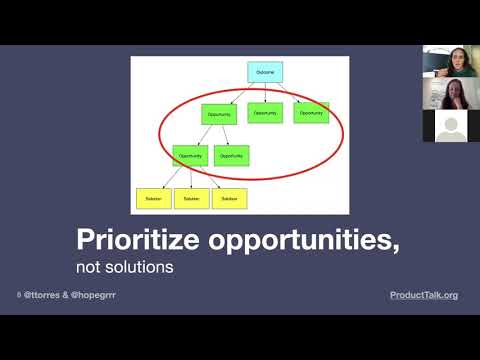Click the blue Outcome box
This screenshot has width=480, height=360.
click(x=265, y=73)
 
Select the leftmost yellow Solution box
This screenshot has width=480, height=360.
click(x=154, y=198)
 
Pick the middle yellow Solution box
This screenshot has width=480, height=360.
click(x=191, y=198)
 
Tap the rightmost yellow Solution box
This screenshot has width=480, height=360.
click(x=229, y=198)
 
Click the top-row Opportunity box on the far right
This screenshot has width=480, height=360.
click(x=311, y=114)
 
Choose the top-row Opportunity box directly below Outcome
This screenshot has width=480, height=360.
click(x=265, y=114)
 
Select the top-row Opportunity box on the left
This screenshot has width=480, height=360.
click(x=219, y=115)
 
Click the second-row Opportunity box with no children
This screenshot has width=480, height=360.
click(x=231, y=156)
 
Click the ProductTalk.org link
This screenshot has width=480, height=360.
click(x=424, y=295)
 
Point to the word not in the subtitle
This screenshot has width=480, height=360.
click(x=88, y=268)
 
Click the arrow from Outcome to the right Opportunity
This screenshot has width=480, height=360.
click(x=291, y=92)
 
